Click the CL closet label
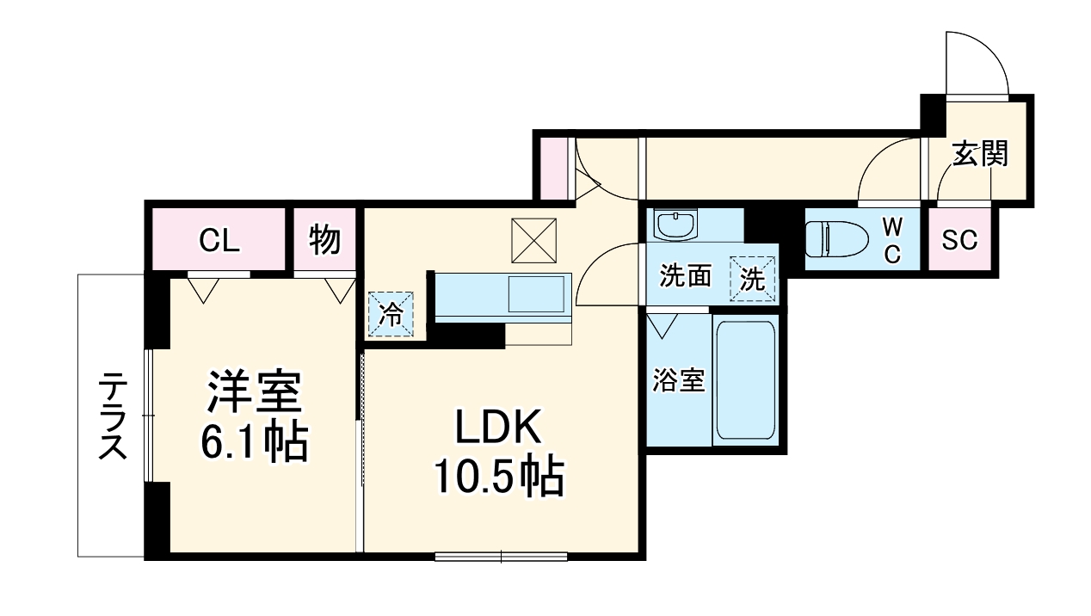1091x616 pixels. coord(219,242)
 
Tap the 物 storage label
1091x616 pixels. coord(324,242)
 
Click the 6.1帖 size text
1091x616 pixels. coord(254,442)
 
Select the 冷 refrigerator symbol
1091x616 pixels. coord(391,314)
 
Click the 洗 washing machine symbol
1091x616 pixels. coord(753,279)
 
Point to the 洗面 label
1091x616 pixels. coord(686,276)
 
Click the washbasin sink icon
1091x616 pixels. coord(675,226)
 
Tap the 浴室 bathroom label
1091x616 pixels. coord(679,380)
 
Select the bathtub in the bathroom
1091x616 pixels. coord(746,380)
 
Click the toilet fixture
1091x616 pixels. coord(834,239)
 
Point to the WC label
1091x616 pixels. coord(892,241)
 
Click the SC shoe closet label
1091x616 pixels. coord(958,241)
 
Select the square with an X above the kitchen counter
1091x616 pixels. coord(533,240)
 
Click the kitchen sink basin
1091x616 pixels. coord(537,294)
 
